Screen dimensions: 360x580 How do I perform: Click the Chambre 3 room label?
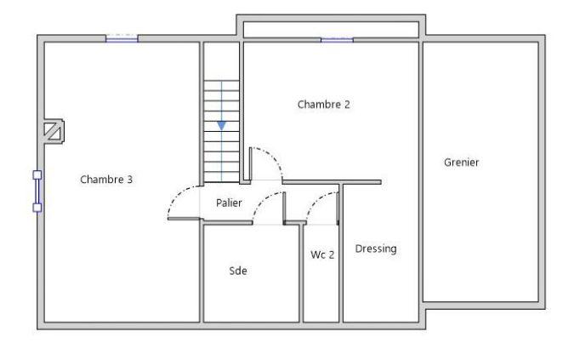106,180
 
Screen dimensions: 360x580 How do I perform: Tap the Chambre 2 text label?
323,105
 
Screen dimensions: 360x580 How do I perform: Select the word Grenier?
461,162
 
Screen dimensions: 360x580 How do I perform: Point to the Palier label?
229,203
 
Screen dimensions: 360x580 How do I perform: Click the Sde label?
238,271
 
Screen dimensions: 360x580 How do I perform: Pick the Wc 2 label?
322,254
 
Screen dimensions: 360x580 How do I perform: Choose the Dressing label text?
376,249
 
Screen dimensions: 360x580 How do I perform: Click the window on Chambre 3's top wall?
122,38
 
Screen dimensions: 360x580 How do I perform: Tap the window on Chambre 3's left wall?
37,190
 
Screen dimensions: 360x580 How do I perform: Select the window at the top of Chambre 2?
337,39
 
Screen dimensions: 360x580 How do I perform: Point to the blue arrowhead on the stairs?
222,124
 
